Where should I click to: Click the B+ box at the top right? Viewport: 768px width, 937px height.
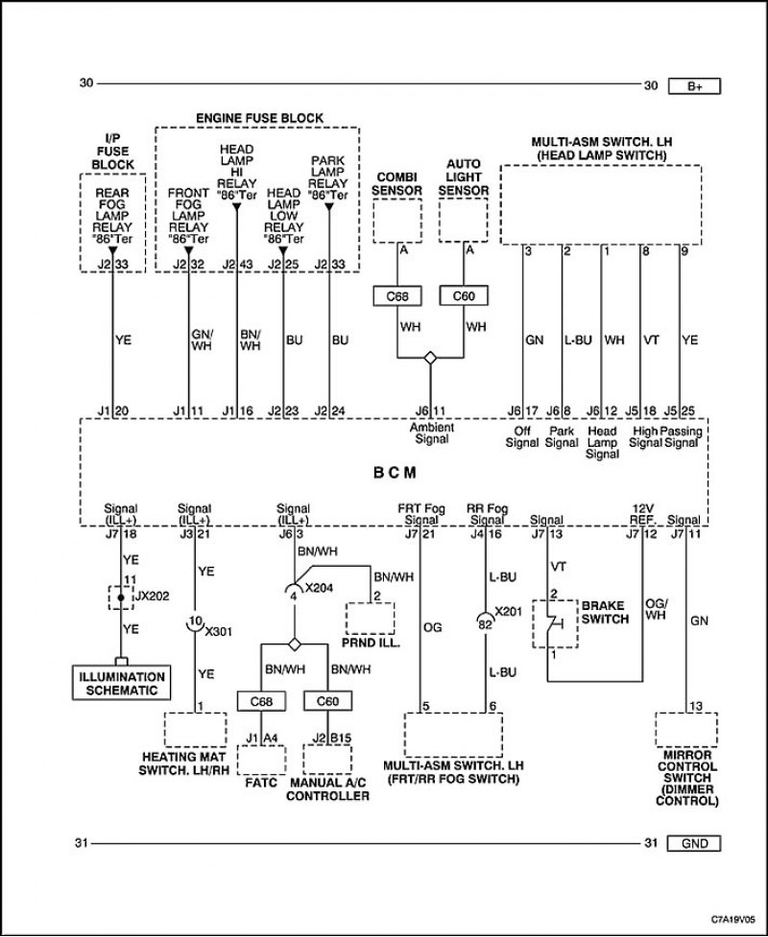click(694, 86)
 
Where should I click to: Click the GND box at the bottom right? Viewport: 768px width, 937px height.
click(694, 843)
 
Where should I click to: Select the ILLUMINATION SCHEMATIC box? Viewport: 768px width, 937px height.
click(121, 683)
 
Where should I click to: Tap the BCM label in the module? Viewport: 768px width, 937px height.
click(395, 473)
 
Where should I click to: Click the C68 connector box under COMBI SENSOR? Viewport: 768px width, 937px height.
click(397, 295)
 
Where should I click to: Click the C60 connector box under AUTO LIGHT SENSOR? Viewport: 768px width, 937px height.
click(464, 295)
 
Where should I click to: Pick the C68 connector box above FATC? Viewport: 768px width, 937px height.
click(261, 701)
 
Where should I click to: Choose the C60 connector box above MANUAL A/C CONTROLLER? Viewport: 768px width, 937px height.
click(327, 701)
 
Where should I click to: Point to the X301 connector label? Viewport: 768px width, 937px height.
click(218, 632)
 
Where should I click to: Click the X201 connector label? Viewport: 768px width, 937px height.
click(508, 611)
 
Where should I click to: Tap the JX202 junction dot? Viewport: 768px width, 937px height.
click(121, 597)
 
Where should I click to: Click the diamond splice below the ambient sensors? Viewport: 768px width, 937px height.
click(430, 358)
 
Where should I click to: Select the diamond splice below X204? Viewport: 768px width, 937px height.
click(295, 644)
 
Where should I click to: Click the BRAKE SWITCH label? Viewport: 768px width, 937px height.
click(605, 613)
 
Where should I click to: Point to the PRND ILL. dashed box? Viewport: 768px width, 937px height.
click(371, 618)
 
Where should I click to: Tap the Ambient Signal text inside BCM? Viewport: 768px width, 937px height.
click(431, 433)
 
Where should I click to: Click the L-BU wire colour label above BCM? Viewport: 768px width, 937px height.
click(578, 340)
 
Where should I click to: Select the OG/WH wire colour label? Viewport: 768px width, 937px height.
click(656, 609)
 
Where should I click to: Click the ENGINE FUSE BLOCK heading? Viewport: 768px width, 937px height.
click(259, 118)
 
